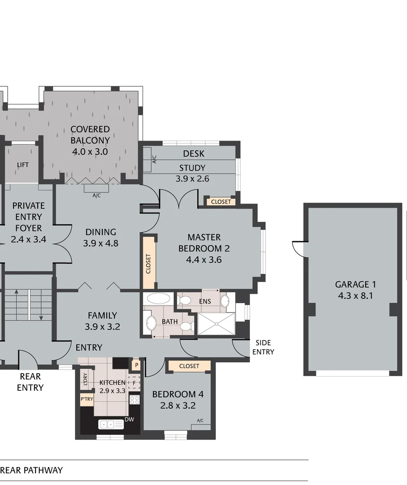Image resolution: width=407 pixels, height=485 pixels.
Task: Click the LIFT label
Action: pos(23,165)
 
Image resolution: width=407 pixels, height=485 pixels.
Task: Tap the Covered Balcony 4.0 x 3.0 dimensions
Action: pos(90,151)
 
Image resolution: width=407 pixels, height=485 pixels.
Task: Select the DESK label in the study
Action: pos(193,154)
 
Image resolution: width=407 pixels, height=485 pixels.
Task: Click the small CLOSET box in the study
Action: pos(221,202)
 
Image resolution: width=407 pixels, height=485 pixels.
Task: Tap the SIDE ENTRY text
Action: pos(263,347)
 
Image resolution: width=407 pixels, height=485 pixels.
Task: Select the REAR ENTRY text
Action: pos(30,382)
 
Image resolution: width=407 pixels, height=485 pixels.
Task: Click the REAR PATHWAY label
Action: pos(31,470)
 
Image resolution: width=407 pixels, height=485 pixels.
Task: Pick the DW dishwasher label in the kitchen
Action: pos(129,419)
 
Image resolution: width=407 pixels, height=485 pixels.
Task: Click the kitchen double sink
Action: pos(110,424)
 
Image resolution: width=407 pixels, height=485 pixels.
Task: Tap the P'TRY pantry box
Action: pos(87,399)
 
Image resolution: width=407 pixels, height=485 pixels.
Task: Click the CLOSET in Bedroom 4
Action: pos(189,366)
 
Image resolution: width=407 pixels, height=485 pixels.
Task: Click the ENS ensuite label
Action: pos(205,301)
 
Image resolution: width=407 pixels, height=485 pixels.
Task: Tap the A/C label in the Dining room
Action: pos(96,195)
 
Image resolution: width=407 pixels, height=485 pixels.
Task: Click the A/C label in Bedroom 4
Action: pos(200,421)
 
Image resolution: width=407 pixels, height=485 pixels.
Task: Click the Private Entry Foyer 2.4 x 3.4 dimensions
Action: pos(28,239)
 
